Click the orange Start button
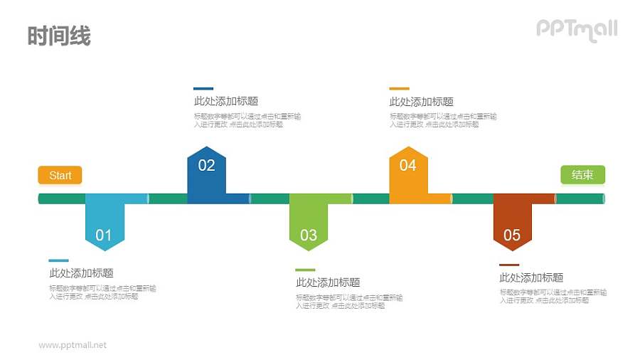[60, 175]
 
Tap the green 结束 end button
[582, 175]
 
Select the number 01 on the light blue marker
[104, 235]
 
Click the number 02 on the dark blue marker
[206, 166]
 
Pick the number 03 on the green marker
[309, 235]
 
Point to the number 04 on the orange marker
[407, 166]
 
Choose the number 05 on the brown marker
[512, 235]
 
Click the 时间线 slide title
[59, 36]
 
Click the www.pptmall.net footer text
[73, 345]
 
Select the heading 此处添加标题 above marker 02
[226, 101]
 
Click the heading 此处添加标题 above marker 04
[422, 102]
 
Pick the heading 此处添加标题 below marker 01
[81, 272]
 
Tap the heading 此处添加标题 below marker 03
[328, 282]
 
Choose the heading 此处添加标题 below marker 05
[531, 277]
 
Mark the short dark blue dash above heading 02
[203, 89]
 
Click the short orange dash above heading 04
[399, 89]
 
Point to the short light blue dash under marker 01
[59, 260]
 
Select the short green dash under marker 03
[305, 270]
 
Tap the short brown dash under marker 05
[509, 265]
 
